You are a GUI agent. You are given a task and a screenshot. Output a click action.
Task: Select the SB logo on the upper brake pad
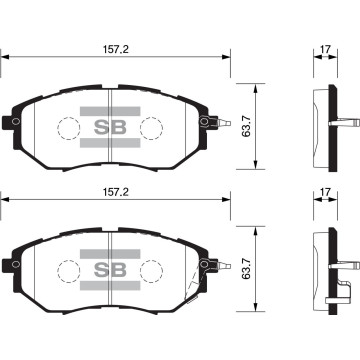click(108, 127)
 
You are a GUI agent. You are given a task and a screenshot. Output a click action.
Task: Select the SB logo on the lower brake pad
click(108, 269)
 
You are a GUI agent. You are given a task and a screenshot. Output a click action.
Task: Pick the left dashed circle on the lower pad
click(67, 271)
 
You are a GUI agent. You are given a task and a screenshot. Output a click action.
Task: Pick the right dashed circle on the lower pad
click(151, 271)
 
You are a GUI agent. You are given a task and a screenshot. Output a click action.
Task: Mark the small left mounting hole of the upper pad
click(15, 122)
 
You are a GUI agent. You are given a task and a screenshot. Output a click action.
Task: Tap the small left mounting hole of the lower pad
click(15, 265)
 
